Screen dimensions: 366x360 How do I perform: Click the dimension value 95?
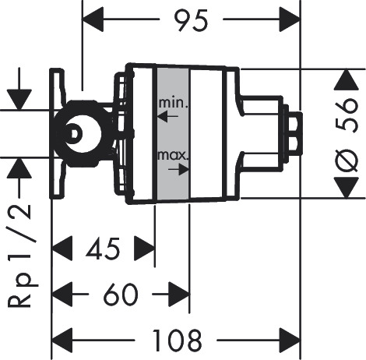[x=191, y=20]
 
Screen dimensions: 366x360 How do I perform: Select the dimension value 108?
[x=177, y=341]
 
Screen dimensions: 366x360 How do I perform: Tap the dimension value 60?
[x=121, y=295]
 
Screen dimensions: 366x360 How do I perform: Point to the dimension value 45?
[x=104, y=249]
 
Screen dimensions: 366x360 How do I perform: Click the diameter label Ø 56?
[x=347, y=135]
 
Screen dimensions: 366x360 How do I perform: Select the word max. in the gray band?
[x=172, y=155]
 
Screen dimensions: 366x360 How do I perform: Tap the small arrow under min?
[x=168, y=116]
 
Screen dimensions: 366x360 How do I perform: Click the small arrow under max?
[x=178, y=169]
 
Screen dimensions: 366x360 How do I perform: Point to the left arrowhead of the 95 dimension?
[x=93, y=19]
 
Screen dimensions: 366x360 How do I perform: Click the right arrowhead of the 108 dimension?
[x=290, y=341]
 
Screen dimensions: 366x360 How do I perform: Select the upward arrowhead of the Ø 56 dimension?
[x=347, y=80]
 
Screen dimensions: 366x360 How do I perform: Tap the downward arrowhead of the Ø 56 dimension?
[x=347, y=188]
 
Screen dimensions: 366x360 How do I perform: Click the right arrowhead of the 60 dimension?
[x=179, y=295]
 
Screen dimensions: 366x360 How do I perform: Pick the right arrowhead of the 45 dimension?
[x=144, y=249]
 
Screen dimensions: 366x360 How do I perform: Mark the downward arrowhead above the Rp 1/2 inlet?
[x=19, y=100]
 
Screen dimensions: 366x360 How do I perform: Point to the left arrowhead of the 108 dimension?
[x=62, y=341]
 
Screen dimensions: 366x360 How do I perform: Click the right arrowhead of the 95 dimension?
[x=290, y=19]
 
